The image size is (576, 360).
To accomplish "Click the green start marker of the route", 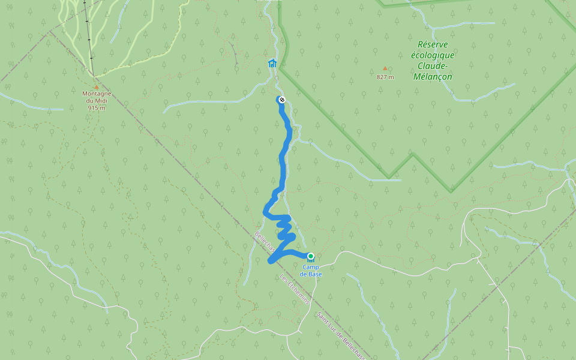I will click(311, 256).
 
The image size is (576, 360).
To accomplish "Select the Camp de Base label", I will click(311, 271).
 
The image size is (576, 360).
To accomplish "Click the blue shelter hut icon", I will click(272, 63).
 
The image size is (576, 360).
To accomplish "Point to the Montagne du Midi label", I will click(97, 101).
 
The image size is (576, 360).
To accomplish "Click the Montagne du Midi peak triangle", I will click(96, 87).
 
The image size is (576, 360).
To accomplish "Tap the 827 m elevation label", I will click(385, 77).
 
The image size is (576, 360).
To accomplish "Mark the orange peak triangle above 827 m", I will click(385, 68).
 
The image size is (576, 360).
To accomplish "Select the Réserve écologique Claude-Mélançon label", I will click(432, 61).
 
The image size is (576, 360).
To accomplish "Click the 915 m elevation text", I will click(97, 108).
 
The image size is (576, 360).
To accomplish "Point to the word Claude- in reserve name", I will click(433, 66).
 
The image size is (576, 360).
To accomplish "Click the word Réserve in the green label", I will click(433, 44).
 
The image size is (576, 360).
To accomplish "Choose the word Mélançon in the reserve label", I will click(433, 77).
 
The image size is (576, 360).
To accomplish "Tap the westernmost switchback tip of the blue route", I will click(265, 210).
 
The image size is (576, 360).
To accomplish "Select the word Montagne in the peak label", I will click(97, 94).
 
